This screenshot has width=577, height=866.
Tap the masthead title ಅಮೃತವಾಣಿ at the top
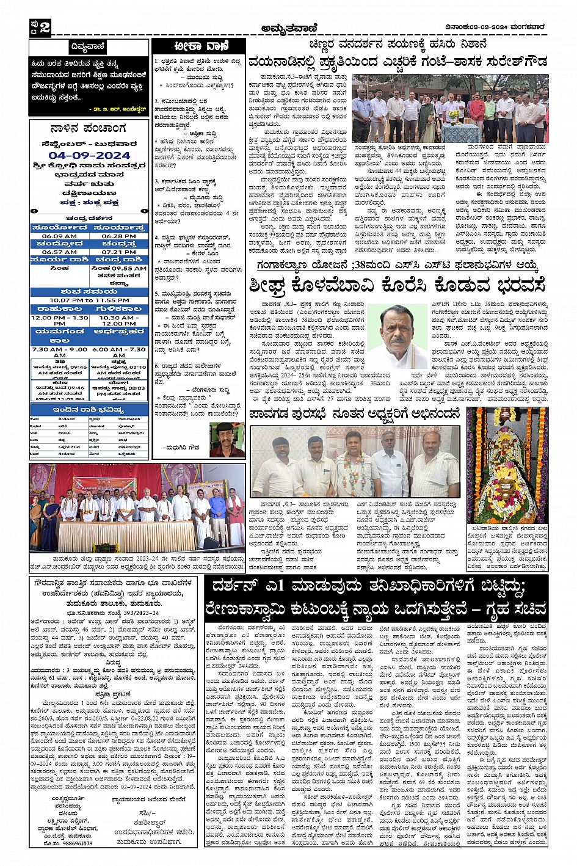pyautogui.click(x=288, y=27)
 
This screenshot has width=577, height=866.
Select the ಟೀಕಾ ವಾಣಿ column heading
pyautogui.click(x=200, y=46)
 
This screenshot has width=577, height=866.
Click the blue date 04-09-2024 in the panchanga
pyautogui.click(x=89, y=155)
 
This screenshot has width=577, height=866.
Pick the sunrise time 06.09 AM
pyautogui.click(x=59, y=236)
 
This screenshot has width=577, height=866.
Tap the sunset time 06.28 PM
pyautogui.click(x=119, y=236)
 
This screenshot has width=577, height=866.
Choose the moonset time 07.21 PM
pyautogui.click(x=119, y=252)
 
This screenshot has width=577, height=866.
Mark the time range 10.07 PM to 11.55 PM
pyautogui.click(x=89, y=300)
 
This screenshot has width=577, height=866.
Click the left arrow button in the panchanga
pyautogui.click(x=34, y=211)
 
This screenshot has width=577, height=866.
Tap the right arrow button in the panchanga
pyautogui.click(x=145, y=211)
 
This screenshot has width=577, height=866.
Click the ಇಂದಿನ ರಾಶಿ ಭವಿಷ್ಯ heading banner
pyautogui.click(x=89, y=410)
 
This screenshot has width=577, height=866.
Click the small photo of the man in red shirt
pyautogui.click(x=227, y=438)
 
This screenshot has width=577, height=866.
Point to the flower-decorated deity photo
pyautogui.click(x=507, y=465)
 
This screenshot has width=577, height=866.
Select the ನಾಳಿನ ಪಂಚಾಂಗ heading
pyautogui.click(x=89, y=129)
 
